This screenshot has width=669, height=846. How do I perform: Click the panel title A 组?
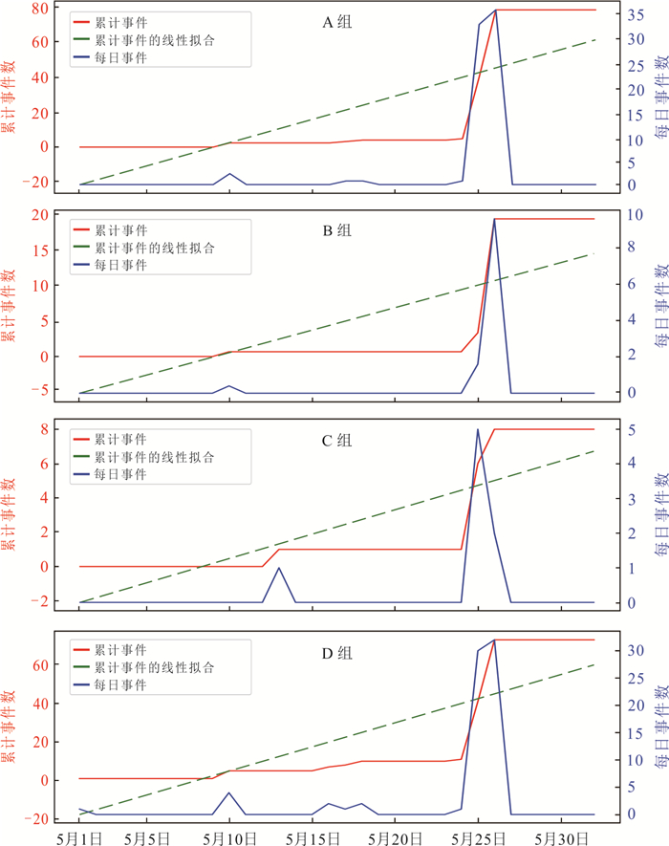tap(336, 21)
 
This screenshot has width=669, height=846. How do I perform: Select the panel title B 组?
tap(336, 230)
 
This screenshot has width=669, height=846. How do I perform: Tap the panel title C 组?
tap(336, 441)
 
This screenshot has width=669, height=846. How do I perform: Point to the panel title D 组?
tap(336, 652)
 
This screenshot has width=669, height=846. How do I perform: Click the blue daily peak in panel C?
tap(478, 429)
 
